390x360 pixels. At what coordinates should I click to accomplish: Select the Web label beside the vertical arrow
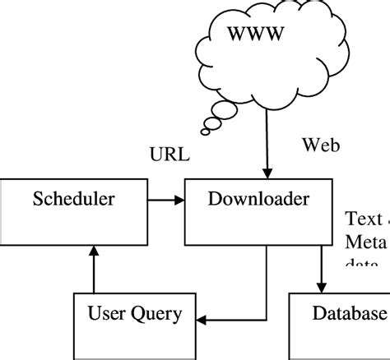point(321,145)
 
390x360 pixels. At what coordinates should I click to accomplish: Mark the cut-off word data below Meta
point(362,263)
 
